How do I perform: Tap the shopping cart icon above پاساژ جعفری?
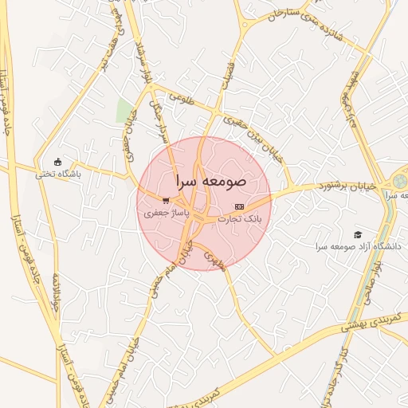click(165, 201)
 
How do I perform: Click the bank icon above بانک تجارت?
click(240, 206)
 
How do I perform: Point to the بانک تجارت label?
click(240, 218)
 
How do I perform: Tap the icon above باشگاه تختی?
click(57, 161)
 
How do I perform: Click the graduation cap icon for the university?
click(358, 234)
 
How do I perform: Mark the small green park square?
click(124, 110)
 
